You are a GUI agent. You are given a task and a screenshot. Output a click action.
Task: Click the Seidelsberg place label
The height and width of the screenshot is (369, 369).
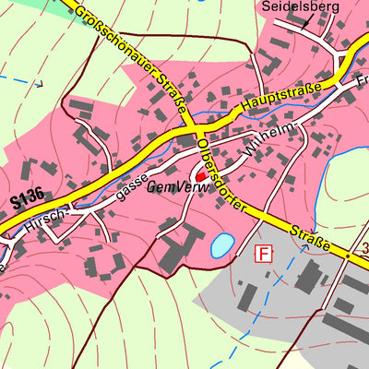(x=301, y=6)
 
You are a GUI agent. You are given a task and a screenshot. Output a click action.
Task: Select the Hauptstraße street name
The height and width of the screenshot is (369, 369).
(x=282, y=98)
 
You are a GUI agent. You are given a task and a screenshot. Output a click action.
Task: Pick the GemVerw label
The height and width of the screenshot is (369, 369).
(x=173, y=187)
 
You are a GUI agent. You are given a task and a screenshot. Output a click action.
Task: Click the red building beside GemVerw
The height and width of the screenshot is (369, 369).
(x=200, y=173)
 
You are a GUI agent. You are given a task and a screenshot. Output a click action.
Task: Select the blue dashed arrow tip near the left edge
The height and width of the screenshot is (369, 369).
(x=41, y=83)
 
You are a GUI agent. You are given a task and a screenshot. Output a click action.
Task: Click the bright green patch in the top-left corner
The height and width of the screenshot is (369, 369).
(x=28, y=5)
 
